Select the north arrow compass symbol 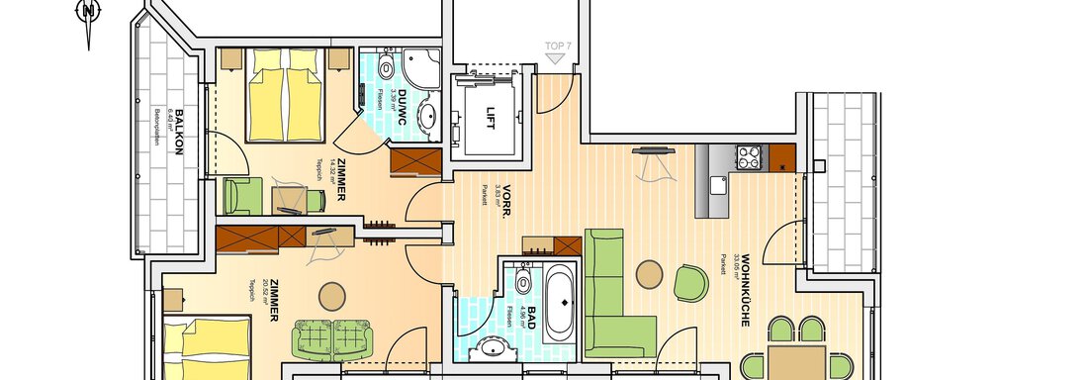(88, 17)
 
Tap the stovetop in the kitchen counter (748, 157)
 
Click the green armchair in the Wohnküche (690, 282)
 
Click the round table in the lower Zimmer (331, 295)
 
